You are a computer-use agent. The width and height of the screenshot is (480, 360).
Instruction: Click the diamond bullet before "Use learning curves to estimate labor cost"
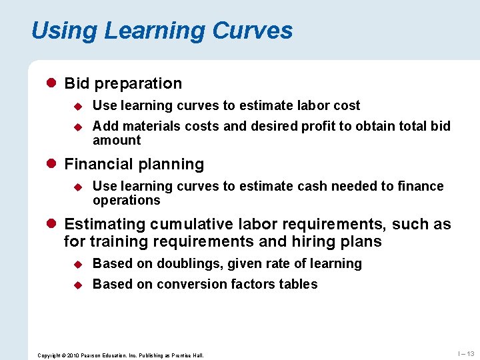click(x=77, y=106)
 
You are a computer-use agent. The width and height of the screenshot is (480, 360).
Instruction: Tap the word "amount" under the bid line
click(x=117, y=140)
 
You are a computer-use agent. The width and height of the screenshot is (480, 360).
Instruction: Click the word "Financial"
click(x=97, y=164)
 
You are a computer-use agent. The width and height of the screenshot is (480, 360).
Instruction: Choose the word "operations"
click(x=127, y=200)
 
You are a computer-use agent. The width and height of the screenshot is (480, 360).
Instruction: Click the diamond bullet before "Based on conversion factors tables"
click(x=77, y=285)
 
